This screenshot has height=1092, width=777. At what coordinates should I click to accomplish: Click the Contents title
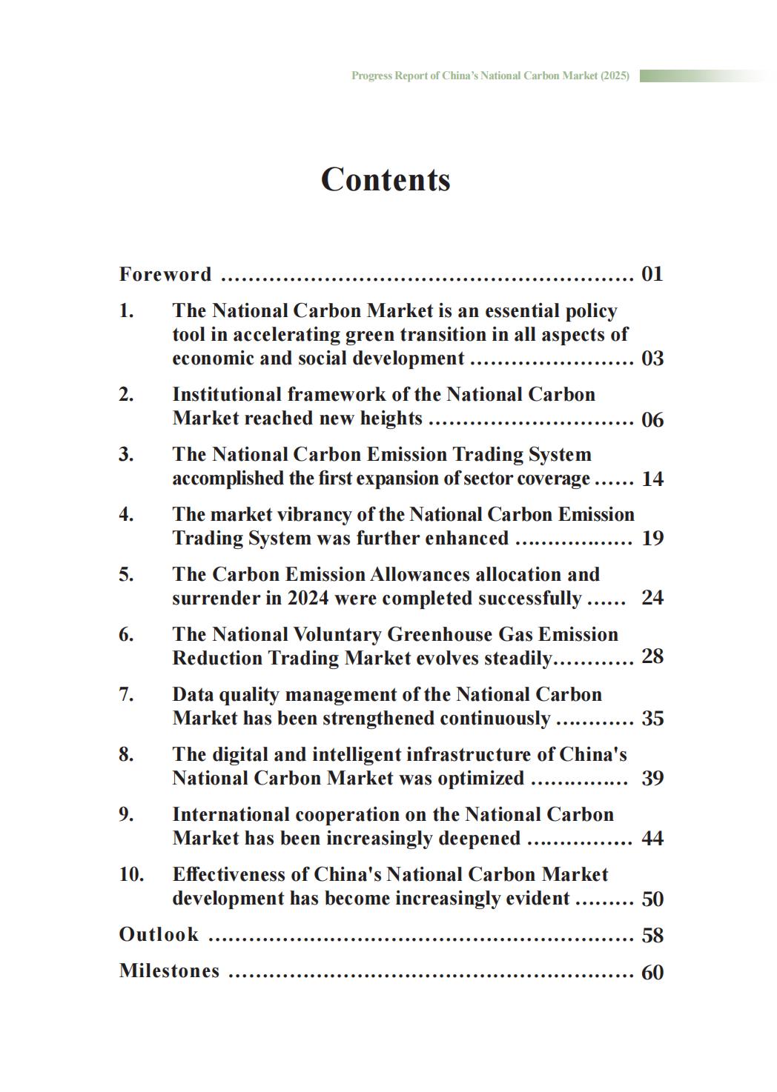386,179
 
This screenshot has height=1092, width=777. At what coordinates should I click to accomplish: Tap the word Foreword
165,275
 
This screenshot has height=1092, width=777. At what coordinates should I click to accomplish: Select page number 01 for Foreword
652,274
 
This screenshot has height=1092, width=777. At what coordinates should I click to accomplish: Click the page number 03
652,359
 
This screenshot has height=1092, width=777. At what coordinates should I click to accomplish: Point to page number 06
652,420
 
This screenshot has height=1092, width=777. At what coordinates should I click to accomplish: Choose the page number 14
652,479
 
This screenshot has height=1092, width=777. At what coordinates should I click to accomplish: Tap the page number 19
652,539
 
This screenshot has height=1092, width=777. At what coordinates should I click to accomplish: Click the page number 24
652,598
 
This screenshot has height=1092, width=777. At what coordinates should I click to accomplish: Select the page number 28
652,656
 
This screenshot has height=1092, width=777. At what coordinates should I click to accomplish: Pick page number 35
652,719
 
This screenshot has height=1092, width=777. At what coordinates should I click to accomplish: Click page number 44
652,839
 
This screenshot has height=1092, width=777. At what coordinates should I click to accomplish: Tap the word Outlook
159,935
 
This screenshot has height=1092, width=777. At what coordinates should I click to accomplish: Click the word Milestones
169,971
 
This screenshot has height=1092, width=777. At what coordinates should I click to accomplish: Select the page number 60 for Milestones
652,972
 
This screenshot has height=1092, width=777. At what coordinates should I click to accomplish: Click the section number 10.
131,875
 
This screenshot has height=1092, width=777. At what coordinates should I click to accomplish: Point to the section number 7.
126,695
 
